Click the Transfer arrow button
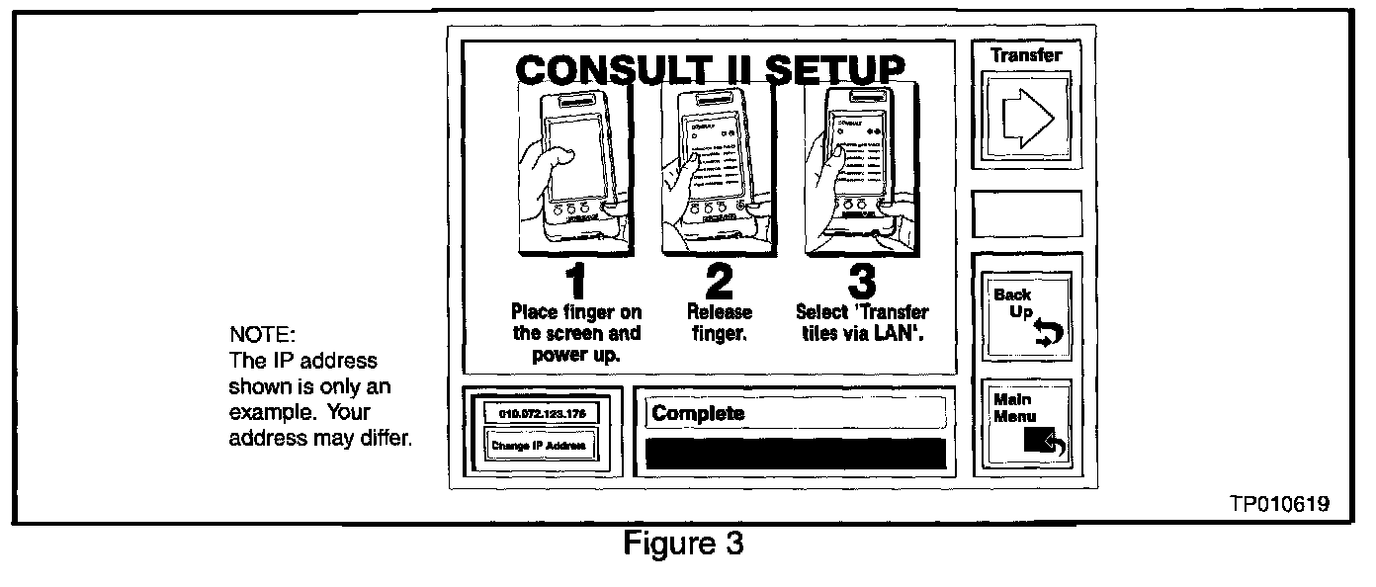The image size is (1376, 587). [1027, 119]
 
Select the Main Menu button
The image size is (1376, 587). [1027, 424]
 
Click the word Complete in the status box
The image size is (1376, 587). [698, 413]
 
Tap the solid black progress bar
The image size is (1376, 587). [796, 453]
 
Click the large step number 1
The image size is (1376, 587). [575, 280]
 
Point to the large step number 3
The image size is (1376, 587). [861, 280]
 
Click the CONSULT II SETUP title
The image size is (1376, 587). [709, 69]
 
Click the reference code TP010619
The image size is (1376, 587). [1279, 504]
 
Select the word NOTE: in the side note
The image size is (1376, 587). [256, 336]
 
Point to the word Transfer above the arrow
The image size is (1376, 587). [1027, 55]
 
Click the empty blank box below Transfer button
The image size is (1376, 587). [1027, 213]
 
